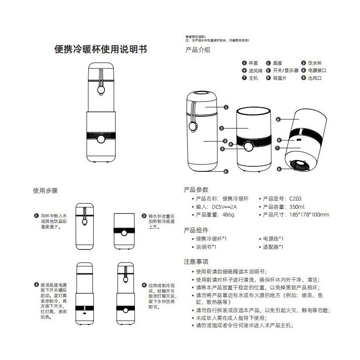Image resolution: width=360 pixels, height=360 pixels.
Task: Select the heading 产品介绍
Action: coord(198,50)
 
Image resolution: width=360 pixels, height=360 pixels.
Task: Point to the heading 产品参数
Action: coord(195,190)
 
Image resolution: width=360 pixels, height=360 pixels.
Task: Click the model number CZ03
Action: coord(295,199)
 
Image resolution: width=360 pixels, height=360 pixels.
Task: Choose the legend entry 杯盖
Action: coord(253,63)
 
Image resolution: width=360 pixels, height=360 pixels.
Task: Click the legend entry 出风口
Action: coord(314,78)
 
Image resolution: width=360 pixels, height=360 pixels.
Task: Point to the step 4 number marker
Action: coord(144,284)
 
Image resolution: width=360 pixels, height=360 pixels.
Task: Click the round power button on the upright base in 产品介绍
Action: coord(248,146)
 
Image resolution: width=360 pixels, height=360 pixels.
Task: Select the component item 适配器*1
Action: coord(273,247)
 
